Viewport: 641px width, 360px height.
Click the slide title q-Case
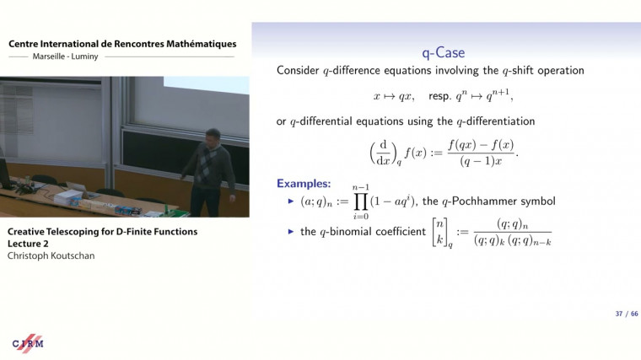pos(443,51)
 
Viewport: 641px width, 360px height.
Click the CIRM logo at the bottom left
pos(27,344)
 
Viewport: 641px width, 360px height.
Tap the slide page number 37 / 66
pos(626,314)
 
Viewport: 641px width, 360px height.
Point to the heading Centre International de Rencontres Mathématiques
pos(122,44)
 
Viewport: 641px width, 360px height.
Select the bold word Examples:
pos(304,184)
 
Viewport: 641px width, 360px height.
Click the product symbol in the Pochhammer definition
pos(361,202)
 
